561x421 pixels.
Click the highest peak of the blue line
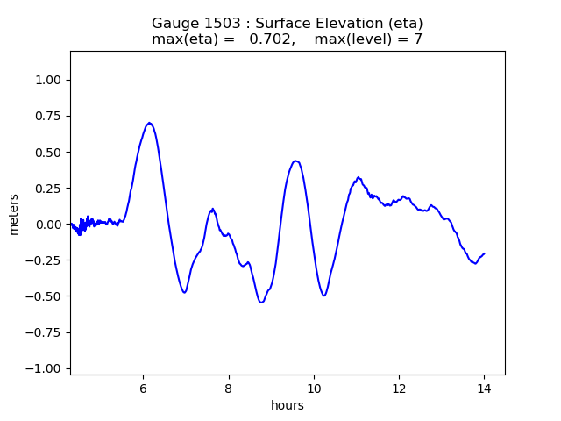click(150, 123)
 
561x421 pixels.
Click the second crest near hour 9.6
click(296, 161)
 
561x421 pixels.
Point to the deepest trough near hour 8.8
click(261, 303)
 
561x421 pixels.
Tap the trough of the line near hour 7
click(184, 292)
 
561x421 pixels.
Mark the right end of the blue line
click(484, 253)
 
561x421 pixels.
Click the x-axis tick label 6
click(143, 388)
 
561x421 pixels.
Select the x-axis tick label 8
click(228, 388)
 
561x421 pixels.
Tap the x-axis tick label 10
click(314, 388)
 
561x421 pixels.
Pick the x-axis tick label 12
click(399, 388)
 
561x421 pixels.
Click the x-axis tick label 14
click(484, 388)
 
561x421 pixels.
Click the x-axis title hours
click(288, 405)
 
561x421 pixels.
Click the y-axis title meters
click(15, 213)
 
